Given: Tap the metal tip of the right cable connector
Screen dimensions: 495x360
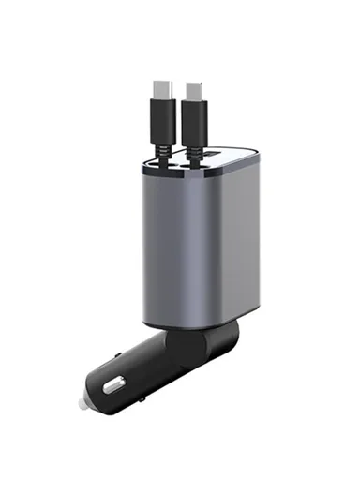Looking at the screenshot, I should [x=194, y=90].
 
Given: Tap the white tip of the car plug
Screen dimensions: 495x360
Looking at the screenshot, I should [x=82, y=403].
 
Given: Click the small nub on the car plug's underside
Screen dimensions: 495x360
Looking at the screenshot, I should [x=140, y=397].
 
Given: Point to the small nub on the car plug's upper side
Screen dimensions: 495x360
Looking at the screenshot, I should [x=116, y=355].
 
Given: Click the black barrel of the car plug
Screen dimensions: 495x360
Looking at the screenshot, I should [x=141, y=370].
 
